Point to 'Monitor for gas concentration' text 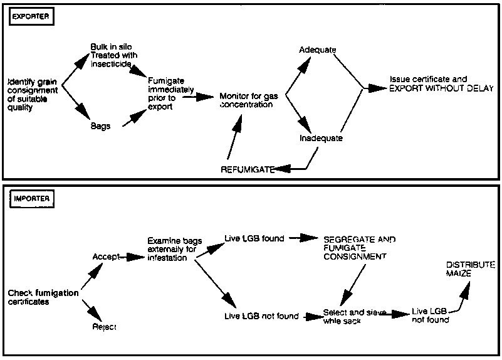(x=246, y=100)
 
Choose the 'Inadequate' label (x=321, y=139)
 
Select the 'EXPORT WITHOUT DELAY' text (x=441, y=88)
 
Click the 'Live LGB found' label (x=254, y=238)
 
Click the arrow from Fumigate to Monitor (x=199, y=97)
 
